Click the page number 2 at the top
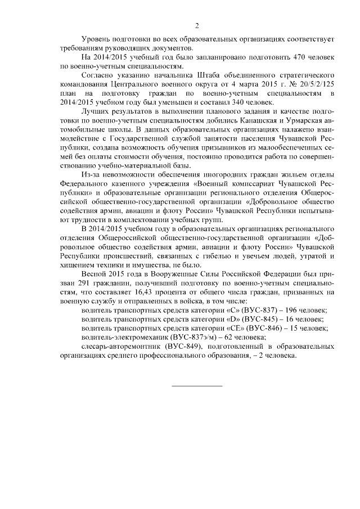point(196,25)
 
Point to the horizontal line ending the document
point(196,386)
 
